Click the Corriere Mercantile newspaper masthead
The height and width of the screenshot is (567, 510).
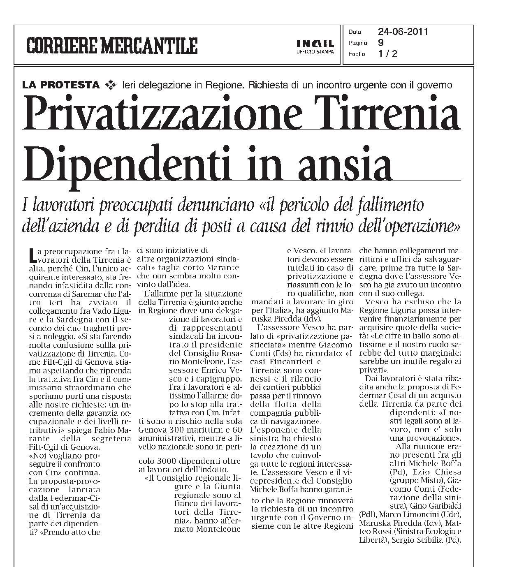(x=112, y=45)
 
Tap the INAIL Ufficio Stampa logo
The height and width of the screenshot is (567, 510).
(x=315, y=46)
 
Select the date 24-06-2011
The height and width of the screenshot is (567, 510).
(x=403, y=32)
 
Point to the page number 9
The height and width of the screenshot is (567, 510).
(x=380, y=42)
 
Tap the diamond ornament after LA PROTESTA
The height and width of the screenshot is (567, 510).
(x=111, y=85)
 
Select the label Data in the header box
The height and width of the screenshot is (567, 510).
(x=355, y=32)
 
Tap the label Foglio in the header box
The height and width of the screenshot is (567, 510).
(x=356, y=54)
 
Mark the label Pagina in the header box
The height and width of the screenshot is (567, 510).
(x=357, y=43)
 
